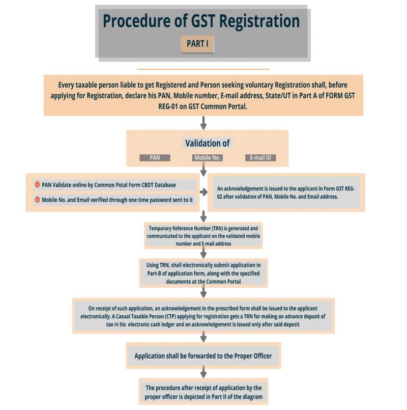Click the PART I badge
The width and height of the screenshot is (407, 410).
[197, 44]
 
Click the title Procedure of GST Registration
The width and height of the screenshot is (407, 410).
[201, 21]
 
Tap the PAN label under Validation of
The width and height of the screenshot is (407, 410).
[155, 158]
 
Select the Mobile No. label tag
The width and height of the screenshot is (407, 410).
[207, 158]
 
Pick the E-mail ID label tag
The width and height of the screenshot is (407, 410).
[260, 158]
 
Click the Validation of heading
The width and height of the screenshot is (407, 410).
[207, 144]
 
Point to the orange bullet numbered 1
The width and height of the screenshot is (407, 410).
[37, 184]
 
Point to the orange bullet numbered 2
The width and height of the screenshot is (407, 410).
[37, 200]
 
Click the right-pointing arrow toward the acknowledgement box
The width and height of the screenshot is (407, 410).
[204, 192]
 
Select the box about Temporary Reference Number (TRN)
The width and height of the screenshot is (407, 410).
[203, 236]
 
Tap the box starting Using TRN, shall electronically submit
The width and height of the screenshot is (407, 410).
[203, 273]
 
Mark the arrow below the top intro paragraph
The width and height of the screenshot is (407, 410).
[203, 123]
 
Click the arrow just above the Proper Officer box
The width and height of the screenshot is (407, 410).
[203, 337]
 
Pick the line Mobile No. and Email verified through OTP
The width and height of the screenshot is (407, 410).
[114, 200]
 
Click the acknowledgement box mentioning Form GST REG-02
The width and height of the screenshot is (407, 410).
[286, 193]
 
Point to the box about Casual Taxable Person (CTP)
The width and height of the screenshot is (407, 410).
[203, 316]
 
